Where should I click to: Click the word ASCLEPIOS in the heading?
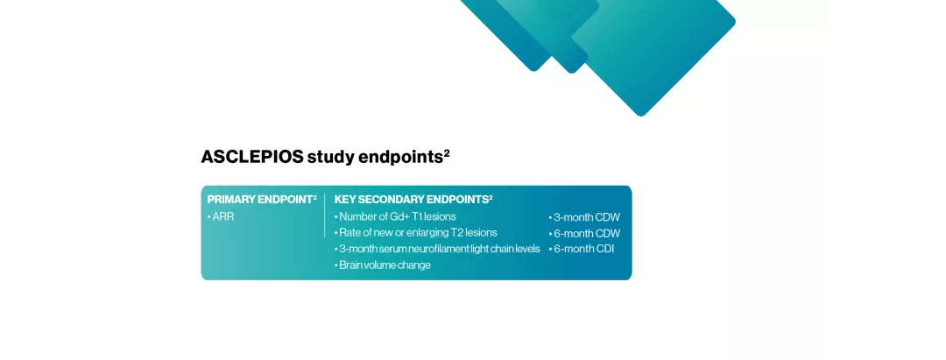pyautogui.click(x=252, y=158)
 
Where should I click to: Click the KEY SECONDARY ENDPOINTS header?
pyautogui.click(x=410, y=200)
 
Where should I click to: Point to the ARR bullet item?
pyautogui.click(x=222, y=216)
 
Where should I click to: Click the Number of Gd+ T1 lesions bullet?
pyautogui.click(x=397, y=216)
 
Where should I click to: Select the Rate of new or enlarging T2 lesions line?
pyautogui.click(x=417, y=233)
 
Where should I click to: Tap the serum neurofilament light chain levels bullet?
pyautogui.click(x=439, y=249)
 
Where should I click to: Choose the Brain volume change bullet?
pyautogui.click(x=385, y=265)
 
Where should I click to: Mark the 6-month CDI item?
pyautogui.click(x=583, y=249)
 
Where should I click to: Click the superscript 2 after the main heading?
pyautogui.click(x=447, y=152)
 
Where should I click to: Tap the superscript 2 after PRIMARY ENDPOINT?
pyautogui.click(x=314, y=197)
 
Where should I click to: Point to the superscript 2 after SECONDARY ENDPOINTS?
pyautogui.click(x=491, y=197)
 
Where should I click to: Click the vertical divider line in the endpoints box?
pyautogui.click(x=325, y=215)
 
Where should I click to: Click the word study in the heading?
pyautogui.click(x=331, y=158)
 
